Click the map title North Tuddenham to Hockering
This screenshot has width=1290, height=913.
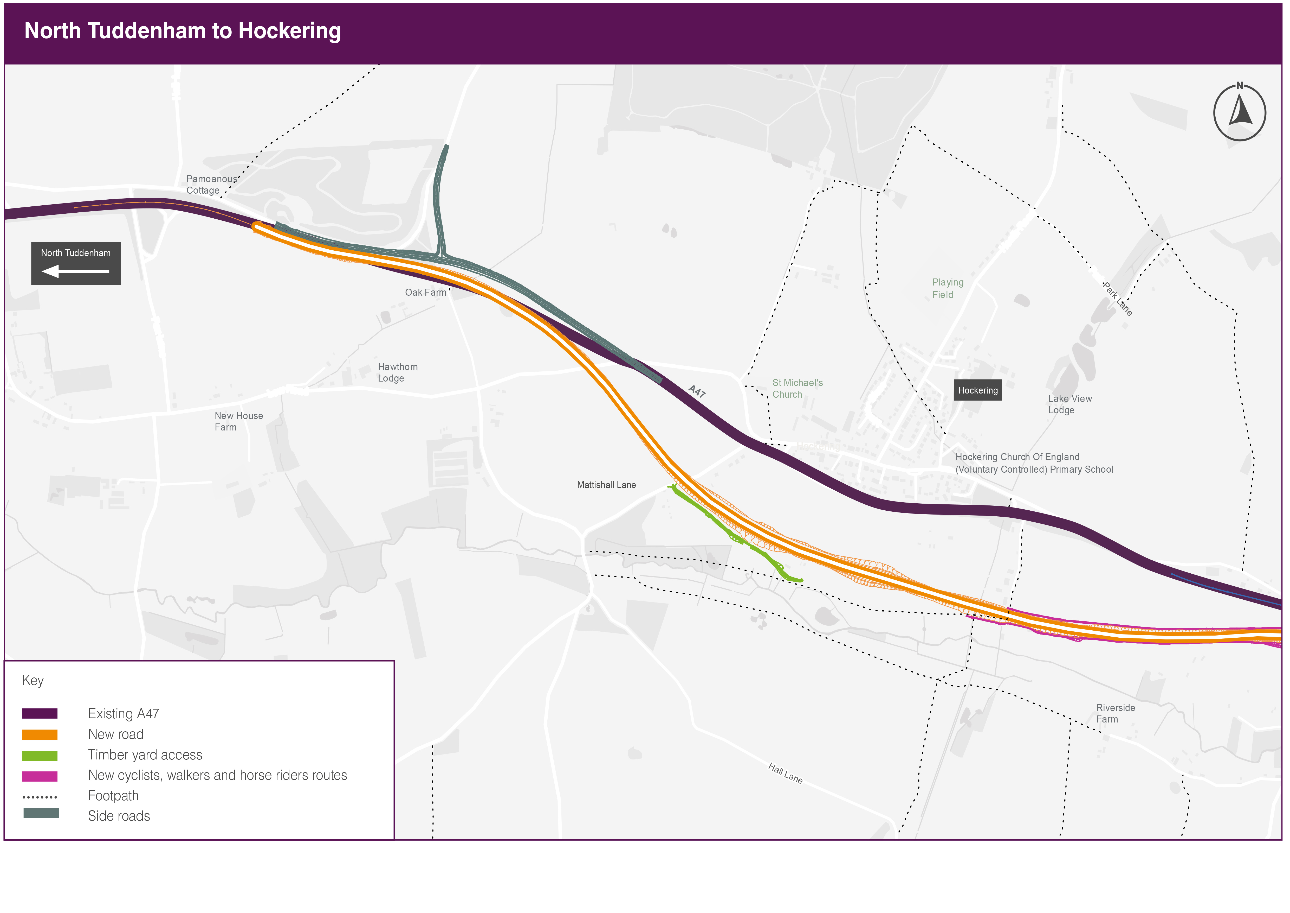click(x=183, y=31)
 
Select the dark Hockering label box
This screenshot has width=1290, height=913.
click(x=978, y=390)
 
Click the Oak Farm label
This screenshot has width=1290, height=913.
click(x=425, y=292)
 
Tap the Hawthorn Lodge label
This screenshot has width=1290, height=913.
click(x=397, y=372)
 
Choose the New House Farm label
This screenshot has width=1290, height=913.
click(x=238, y=421)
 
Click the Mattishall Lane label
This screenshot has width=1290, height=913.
click(x=606, y=485)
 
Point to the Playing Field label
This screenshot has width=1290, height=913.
click(x=947, y=288)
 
